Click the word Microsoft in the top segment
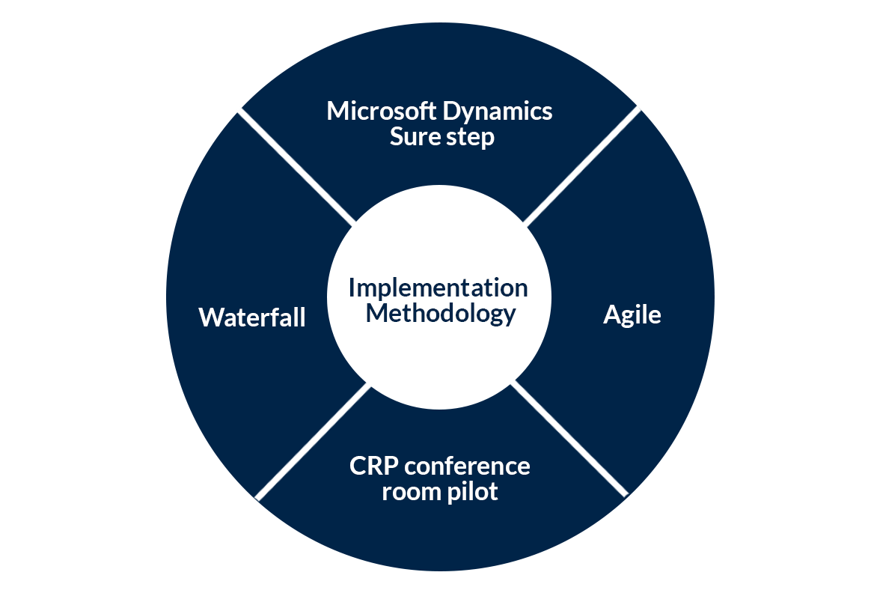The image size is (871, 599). pos(382,112)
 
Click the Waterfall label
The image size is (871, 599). pos(252,317)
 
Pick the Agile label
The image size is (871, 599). pos(632,315)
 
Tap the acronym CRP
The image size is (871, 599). pos(374,466)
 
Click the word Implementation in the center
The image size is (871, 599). pos(438,288)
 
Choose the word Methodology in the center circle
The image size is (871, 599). pos(441,314)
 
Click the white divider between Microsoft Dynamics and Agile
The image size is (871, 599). pos(582,165)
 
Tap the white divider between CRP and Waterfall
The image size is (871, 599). pos(313,442)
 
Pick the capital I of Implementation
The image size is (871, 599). pos(352,288)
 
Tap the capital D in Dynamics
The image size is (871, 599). pos(451,112)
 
